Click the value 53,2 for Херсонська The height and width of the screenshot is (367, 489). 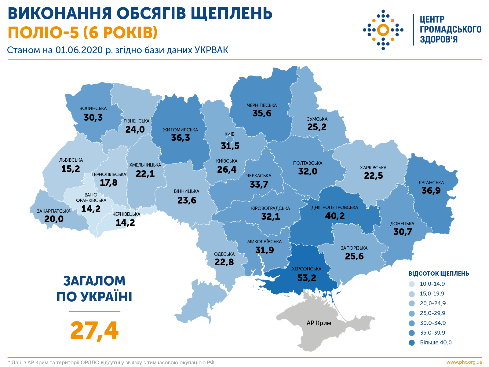click(x=307, y=278)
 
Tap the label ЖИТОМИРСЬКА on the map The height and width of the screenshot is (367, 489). click(x=180, y=130)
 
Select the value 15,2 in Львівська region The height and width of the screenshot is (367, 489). click(x=71, y=169)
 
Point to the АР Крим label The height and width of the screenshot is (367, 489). click(x=319, y=323)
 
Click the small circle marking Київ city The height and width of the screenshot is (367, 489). click(x=230, y=140)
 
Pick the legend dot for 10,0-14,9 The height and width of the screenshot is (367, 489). click(x=412, y=284)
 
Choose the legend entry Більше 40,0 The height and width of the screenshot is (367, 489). click(x=435, y=343)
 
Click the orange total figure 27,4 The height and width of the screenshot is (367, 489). click(x=94, y=331)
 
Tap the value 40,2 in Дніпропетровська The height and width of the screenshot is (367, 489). click(x=335, y=216)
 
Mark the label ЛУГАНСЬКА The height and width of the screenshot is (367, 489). click(x=431, y=182)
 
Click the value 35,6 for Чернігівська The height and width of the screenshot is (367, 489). click(x=262, y=113)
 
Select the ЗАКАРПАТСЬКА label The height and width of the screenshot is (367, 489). click(x=54, y=211)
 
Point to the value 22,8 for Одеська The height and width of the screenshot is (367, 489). click(x=224, y=262)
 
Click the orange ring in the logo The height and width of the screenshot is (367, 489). click(x=383, y=30)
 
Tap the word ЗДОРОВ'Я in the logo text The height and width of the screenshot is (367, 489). click(x=439, y=39)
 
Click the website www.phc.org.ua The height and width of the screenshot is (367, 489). click(x=464, y=362)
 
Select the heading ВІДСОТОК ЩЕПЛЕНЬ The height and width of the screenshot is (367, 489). click(x=439, y=273)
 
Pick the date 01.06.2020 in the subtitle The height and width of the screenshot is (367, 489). click(x=79, y=50)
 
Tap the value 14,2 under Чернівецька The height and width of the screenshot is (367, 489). click(x=125, y=222)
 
